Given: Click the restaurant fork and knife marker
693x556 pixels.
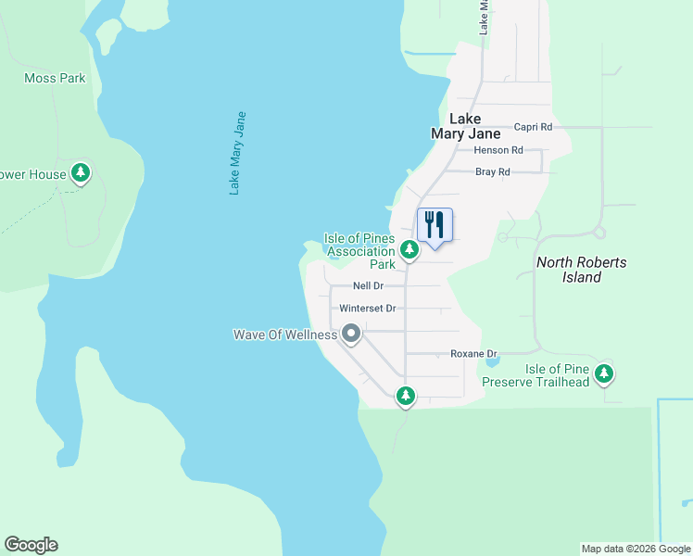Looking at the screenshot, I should pos(435,225).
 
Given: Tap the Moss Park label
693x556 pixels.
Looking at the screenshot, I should pos(55,79).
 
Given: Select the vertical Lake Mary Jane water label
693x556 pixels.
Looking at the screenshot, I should pos(238,153).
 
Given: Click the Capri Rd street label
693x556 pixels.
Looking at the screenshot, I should pos(533,127).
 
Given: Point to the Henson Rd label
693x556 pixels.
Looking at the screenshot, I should pos(498,149).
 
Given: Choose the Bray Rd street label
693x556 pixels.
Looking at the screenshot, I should pos(492,171).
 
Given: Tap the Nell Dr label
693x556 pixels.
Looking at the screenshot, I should pos(369,286).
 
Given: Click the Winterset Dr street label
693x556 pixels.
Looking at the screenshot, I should pos(368,308).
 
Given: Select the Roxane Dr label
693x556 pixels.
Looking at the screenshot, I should pos(474,354).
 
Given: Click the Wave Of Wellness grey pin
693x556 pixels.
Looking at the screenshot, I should pos(351,333).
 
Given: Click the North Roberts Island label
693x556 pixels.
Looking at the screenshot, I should pos(582,270).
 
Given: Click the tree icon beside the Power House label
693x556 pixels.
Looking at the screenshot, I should pos(82,172).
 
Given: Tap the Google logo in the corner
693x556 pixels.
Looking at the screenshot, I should pos(31,545).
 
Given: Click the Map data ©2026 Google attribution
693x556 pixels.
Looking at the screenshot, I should pos(636,549).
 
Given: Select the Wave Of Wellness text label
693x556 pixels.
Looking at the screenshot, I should pos(284,335).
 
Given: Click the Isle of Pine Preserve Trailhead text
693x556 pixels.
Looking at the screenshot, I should pos(558,375).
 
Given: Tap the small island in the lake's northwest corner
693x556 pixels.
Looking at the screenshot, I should pos(107,34).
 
